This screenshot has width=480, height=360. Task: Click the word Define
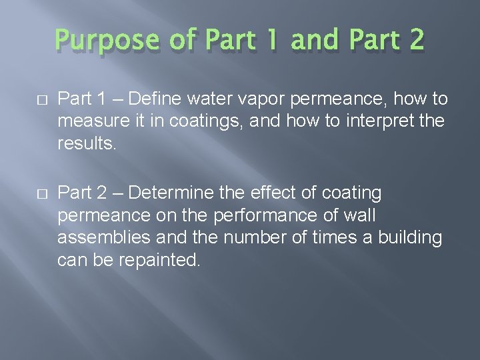157,99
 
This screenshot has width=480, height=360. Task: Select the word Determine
171,193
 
